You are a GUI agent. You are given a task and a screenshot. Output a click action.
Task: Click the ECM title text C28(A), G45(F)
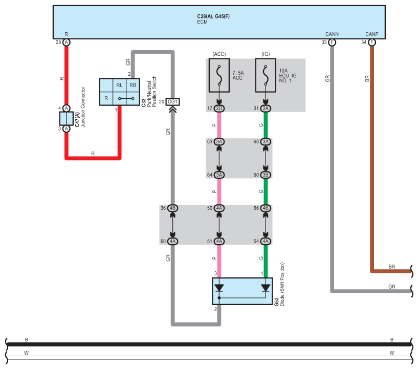(213, 16)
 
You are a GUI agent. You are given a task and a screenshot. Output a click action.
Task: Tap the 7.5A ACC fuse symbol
(219, 75)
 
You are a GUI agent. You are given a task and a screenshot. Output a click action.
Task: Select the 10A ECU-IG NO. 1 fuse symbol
(266, 75)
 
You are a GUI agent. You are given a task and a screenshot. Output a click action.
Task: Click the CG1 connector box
(172, 102)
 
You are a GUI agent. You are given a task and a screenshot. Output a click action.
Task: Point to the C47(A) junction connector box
(67, 118)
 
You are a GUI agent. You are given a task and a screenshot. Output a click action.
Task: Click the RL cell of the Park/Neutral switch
(119, 85)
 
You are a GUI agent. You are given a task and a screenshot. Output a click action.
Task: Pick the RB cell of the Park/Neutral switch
(133, 85)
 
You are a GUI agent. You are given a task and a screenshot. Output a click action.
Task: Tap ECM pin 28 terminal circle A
(67, 42)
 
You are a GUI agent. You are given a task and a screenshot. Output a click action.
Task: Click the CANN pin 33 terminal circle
(332, 42)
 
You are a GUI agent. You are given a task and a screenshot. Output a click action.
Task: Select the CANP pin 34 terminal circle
(372, 42)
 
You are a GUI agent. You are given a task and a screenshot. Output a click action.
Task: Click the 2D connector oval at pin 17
(219, 108)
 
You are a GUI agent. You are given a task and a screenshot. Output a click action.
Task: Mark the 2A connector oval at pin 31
(266, 108)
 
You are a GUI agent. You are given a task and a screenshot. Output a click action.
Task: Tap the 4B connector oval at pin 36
(172, 208)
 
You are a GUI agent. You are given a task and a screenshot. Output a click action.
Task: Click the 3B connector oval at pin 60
(266, 175)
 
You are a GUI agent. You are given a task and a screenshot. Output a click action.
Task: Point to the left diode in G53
(219, 288)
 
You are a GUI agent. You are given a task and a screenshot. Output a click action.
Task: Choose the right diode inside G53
(266, 288)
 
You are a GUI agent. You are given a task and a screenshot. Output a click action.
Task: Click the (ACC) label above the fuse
(219, 54)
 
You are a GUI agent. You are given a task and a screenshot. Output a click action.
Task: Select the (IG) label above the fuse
(266, 54)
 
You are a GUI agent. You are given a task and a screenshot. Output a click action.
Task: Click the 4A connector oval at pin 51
(219, 241)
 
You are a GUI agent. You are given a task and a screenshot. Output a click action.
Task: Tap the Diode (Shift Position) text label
(282, 284)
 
